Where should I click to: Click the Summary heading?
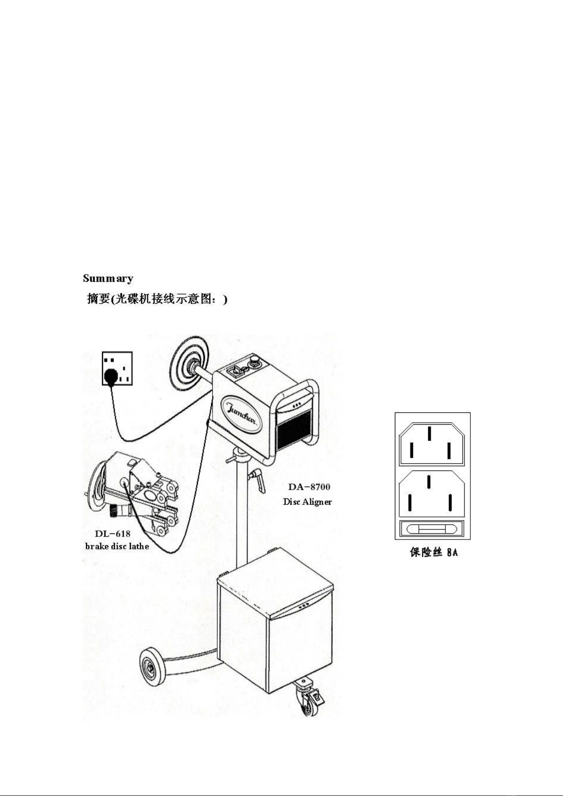tap(108, 278)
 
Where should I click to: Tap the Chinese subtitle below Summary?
tap(157, 299)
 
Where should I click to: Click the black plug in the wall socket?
tap(111, 376)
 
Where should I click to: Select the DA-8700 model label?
tap(309, 487)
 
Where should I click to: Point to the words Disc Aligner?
tap(307, 502)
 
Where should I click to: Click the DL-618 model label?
tap(112, 533)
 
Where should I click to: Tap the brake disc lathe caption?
tap(117, 546)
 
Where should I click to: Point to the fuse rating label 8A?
tap(452, 553)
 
